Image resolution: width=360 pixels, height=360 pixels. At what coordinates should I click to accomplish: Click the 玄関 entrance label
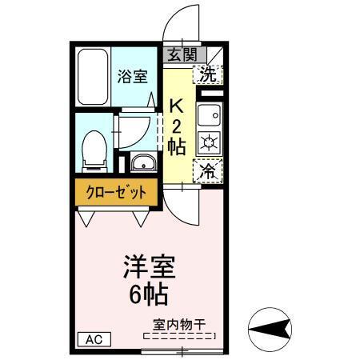182,54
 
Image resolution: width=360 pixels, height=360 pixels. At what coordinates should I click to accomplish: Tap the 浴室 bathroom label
133,77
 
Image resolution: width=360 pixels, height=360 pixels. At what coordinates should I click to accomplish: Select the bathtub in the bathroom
93,78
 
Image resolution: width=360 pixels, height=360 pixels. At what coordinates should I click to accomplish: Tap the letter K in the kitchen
178,105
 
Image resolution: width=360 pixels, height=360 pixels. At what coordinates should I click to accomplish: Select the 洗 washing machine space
208,74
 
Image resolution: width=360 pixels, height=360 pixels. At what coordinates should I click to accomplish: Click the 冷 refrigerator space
208,171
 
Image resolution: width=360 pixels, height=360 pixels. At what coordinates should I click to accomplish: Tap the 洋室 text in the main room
148,267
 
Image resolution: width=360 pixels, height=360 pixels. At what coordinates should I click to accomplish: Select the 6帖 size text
148,294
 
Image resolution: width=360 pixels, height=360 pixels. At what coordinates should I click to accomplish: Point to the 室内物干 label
179,326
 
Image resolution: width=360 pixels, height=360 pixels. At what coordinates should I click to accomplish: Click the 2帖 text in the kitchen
178,136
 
